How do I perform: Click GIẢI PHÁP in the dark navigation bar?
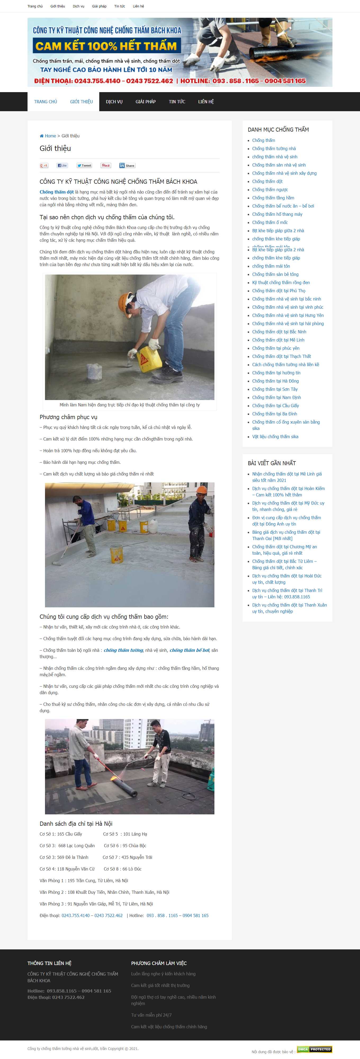[146, 102]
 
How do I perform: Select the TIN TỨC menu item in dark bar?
[177, 102]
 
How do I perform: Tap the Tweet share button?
[84, 166]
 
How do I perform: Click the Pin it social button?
[106, 166]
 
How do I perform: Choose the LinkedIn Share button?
[127, 166]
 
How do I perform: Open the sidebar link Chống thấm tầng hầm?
[273, 198]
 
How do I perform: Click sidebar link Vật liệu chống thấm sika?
[275, 437]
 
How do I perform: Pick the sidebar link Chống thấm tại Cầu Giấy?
[275, 406]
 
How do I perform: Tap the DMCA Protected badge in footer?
[314, 1049]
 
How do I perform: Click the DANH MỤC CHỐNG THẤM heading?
[278, 129]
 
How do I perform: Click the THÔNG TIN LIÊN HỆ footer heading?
[49, 963]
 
